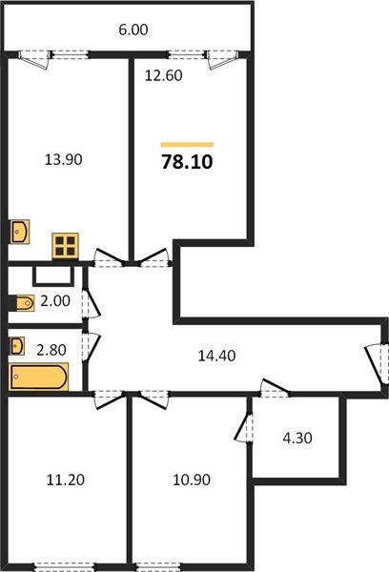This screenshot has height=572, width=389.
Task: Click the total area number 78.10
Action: point(187,163)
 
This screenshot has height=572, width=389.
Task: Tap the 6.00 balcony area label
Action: point(133,30)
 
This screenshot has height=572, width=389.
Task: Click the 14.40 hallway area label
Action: point(216,355)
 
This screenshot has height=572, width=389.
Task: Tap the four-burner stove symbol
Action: point(66,246)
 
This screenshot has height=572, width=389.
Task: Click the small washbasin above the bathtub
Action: point(18,344)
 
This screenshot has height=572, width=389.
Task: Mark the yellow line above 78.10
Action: point(187,144)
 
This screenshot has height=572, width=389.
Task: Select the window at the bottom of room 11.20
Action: point(68,566)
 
